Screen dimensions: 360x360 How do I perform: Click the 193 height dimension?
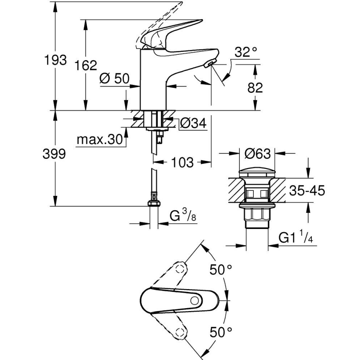[56, 60]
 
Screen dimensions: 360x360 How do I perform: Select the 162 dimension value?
[87, 65]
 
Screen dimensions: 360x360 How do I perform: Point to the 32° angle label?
[246, 53]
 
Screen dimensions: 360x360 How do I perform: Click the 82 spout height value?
[254, 88]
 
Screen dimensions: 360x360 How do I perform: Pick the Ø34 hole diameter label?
[193, 123]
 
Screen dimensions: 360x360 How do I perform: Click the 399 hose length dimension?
[54, 154]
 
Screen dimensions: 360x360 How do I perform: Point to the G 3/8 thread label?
[182, 216]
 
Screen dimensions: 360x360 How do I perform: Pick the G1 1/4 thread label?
[295, 238]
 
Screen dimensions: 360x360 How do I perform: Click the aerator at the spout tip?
[209, 63]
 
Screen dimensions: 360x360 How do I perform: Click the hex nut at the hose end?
[154, 203]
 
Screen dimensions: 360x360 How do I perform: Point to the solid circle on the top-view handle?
[193, 300]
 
